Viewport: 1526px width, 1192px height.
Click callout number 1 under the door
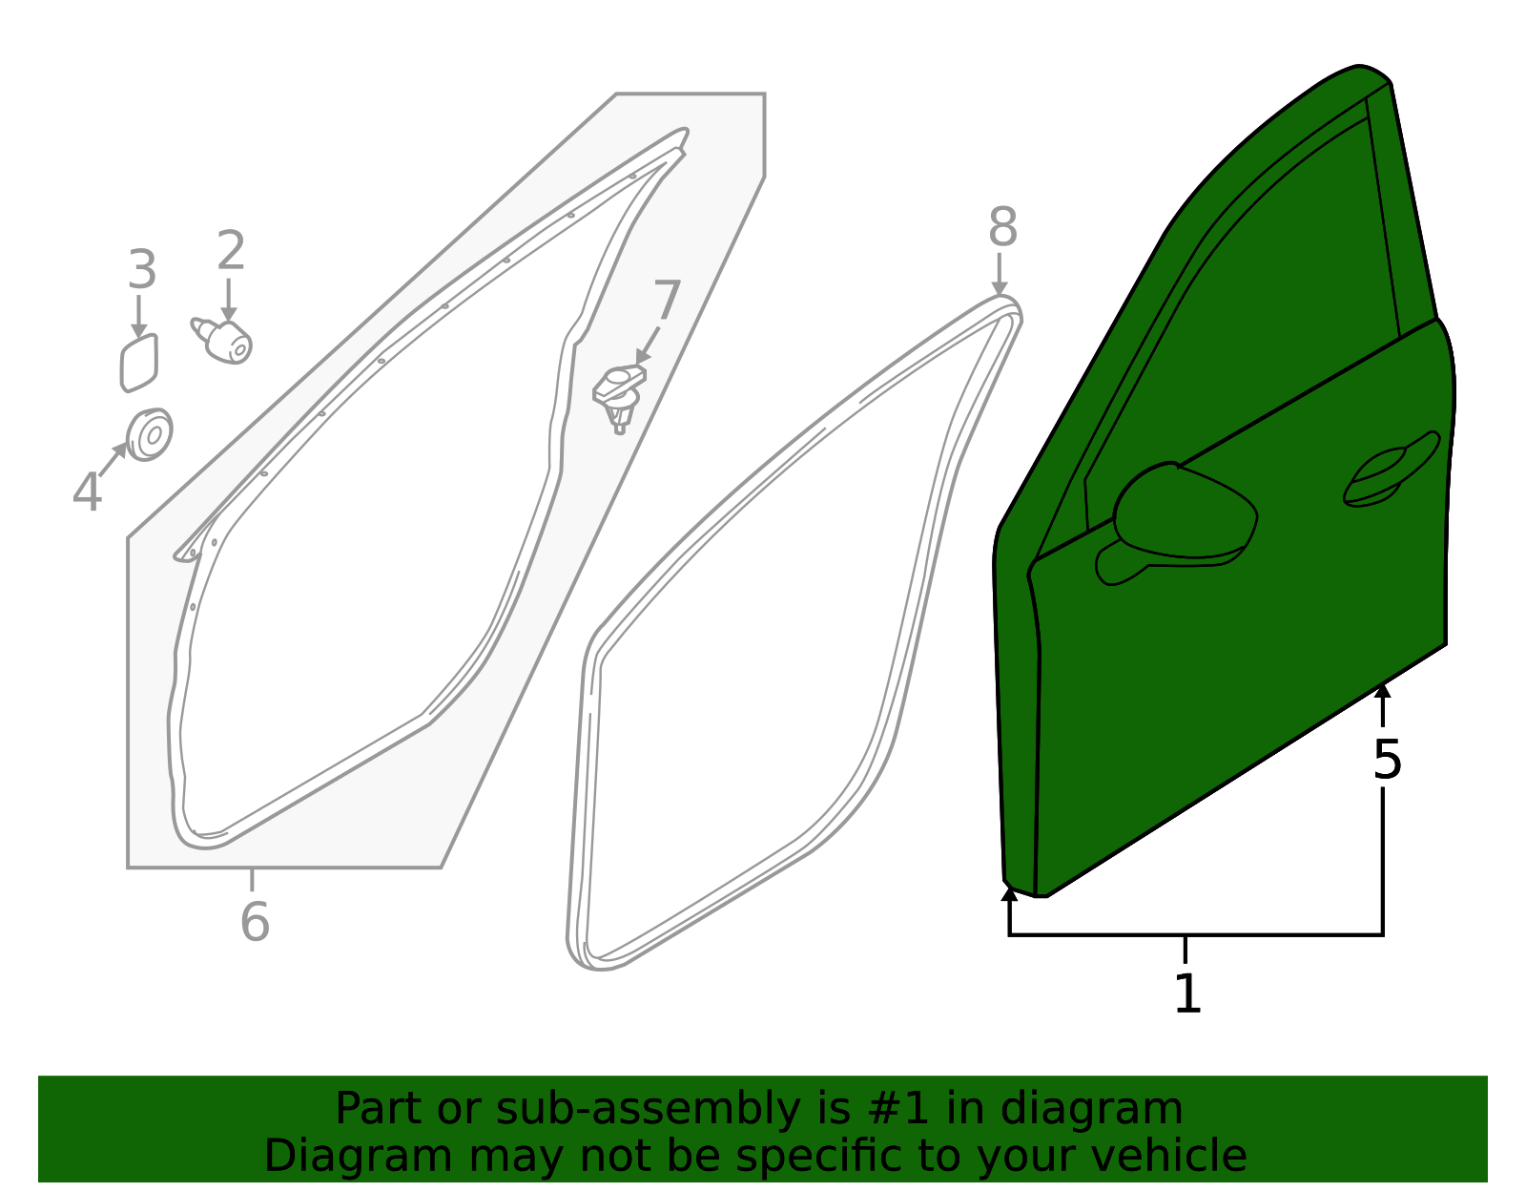pos(1187,993)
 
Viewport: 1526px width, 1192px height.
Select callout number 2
pos(231,251)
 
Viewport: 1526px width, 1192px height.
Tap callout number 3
pos(142,270)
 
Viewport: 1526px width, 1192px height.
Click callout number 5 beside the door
pos(1387,760)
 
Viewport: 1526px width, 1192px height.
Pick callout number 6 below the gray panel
pos(255,921)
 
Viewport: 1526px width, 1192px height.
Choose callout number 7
pos(667,300)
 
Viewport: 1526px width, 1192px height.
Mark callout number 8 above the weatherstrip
pos(1002,227)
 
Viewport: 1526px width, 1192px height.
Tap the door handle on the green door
pos(1391,471)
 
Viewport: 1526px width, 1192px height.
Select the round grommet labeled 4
pos(150,435)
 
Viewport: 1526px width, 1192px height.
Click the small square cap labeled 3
pos(139,364)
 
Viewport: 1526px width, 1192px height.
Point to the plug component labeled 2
pos(222,341)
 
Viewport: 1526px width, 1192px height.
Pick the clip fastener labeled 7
pos(619,398)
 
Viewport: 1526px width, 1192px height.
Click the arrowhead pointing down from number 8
pos(1000,288)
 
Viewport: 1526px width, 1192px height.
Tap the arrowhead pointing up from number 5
pos(1382,691)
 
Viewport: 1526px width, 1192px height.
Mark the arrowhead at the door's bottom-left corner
pos(1009,894)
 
